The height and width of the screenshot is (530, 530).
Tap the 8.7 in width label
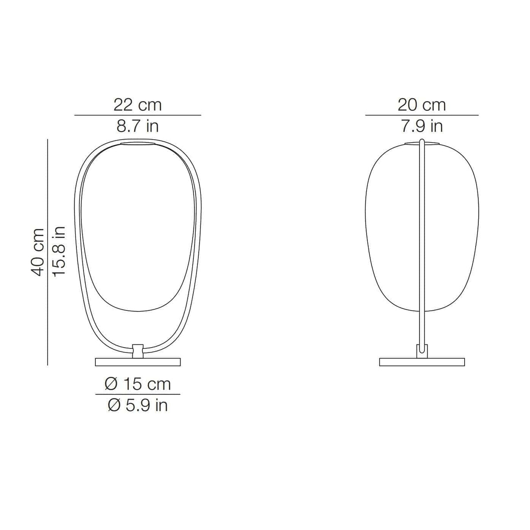(x=138, y=126)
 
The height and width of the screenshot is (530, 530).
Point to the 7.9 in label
(x=422, y=126)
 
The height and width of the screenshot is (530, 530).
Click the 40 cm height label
(x=37, y=252)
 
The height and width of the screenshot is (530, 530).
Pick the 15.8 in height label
(x=59, y=251)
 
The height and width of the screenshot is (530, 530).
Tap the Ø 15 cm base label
(x=138, y=384)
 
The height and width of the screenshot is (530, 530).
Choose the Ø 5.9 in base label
(x=138, y=405)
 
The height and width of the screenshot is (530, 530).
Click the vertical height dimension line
(x=48, y=252)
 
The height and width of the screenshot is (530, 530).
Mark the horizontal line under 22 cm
(x=137, y=115)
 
